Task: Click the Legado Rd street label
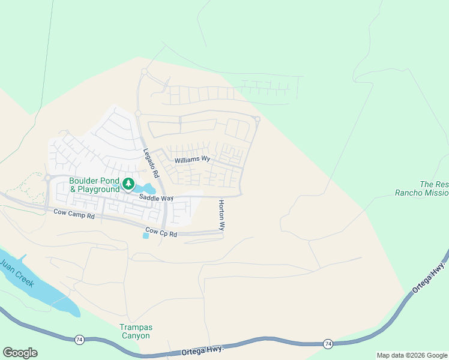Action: pos(150,163)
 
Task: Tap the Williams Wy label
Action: pos(192,160)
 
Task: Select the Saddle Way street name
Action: pos(157,197)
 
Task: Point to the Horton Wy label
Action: pos(221,215)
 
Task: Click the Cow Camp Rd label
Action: pos(74,212)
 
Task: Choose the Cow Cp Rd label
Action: pos(161,233)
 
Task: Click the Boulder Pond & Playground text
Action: pos(94,185)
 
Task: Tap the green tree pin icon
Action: pos(128,184)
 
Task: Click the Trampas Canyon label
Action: pos(135,331)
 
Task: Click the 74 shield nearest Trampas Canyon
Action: pos(79,340)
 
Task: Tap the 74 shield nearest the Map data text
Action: pos(327,344)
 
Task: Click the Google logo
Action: pos(20,353)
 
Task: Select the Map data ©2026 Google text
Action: pos(412,355)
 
